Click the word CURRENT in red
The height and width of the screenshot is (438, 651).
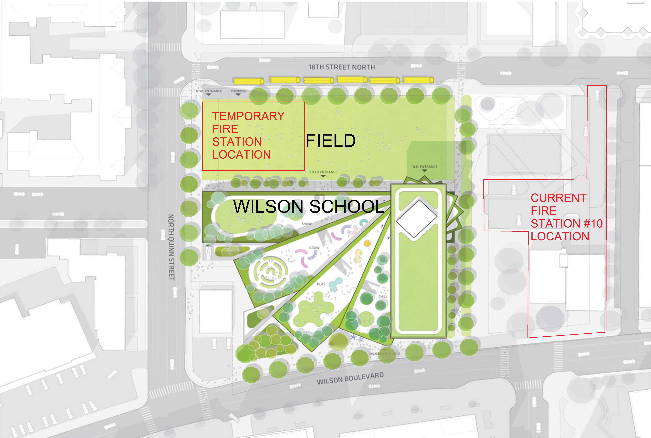point(558,198)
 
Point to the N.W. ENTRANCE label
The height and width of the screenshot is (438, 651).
point(209,91)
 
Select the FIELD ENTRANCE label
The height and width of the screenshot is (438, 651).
point(323,172)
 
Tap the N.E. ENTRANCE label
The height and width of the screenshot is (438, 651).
point(425,167)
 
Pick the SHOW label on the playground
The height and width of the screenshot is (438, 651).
point(307,224)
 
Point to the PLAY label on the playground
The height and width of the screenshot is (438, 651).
point(321,284)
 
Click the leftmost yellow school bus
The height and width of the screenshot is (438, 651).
point(248,81)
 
